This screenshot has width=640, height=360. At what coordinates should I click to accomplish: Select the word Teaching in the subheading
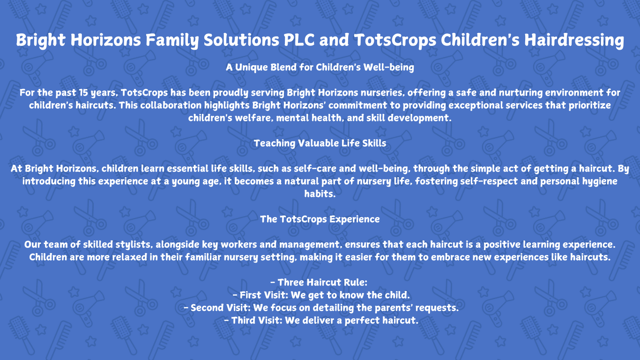pyautogui.click(x=274, y=143)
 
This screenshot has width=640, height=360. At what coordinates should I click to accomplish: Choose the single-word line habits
pyautogui.click(x=320, y=194)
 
